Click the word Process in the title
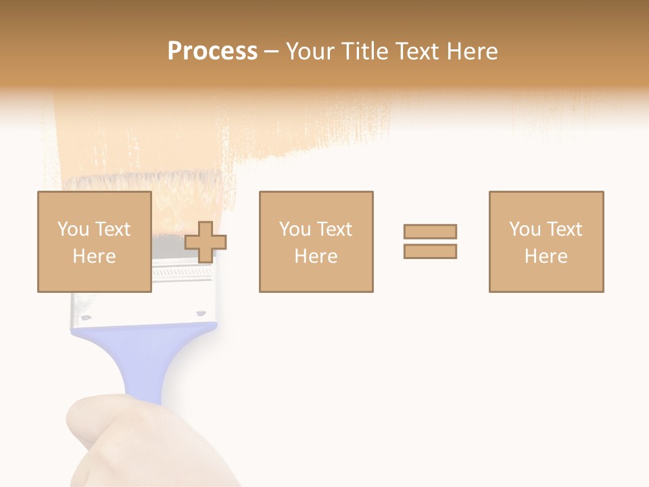click(x=212, y=51)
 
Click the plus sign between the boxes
click(x=206, y=242)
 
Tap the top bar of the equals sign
click(x=430, y=231)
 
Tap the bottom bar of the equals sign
click(x=430, y=252)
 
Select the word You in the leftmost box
click(x=72, y=229)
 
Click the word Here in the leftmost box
click(x=94, y=256)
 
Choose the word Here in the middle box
click(x=316, y=256)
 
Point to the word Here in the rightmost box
click(x=546, y=256)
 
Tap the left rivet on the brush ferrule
click(x=85, y=315)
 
